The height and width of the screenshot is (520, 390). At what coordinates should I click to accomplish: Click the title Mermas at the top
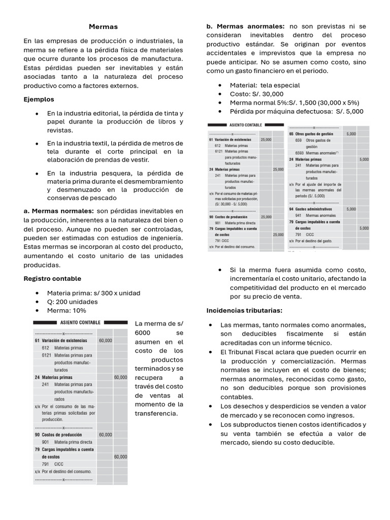[x=103, y=26]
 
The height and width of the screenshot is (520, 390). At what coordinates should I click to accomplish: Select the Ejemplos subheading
[x=39, y=99]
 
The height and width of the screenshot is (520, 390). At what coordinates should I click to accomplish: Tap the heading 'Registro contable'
[x=52, y=279]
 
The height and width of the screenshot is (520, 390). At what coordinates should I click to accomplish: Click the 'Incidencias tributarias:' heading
[x=244, y=310]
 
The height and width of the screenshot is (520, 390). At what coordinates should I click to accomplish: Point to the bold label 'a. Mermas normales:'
[x=58, y=211]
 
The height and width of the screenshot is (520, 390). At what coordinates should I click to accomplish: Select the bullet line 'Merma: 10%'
[x=67, y=310]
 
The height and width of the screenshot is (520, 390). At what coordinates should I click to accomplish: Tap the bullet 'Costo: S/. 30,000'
[x=257, y=94]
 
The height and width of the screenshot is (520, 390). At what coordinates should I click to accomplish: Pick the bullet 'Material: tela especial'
[x=265, y=85]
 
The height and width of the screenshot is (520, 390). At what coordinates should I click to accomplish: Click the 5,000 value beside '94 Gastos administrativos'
[x=351, y=209]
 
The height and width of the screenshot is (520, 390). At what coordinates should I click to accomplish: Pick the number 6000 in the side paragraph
[x=144, y=333]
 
